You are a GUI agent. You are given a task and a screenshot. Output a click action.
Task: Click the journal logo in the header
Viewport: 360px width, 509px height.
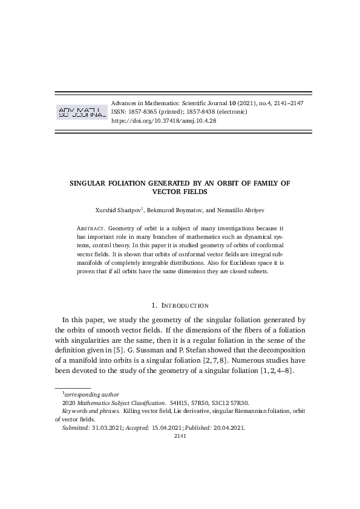pos(80,112)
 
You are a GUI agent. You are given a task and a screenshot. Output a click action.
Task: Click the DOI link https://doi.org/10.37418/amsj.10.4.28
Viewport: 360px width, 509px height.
pos(164,121)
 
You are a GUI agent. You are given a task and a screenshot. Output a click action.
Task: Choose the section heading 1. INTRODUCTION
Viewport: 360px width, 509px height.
pos(180,306)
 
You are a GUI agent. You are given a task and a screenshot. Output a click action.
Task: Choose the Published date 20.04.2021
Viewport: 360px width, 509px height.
pos(230,427)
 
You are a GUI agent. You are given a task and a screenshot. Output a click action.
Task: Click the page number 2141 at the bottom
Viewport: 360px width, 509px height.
pos(180,435)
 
